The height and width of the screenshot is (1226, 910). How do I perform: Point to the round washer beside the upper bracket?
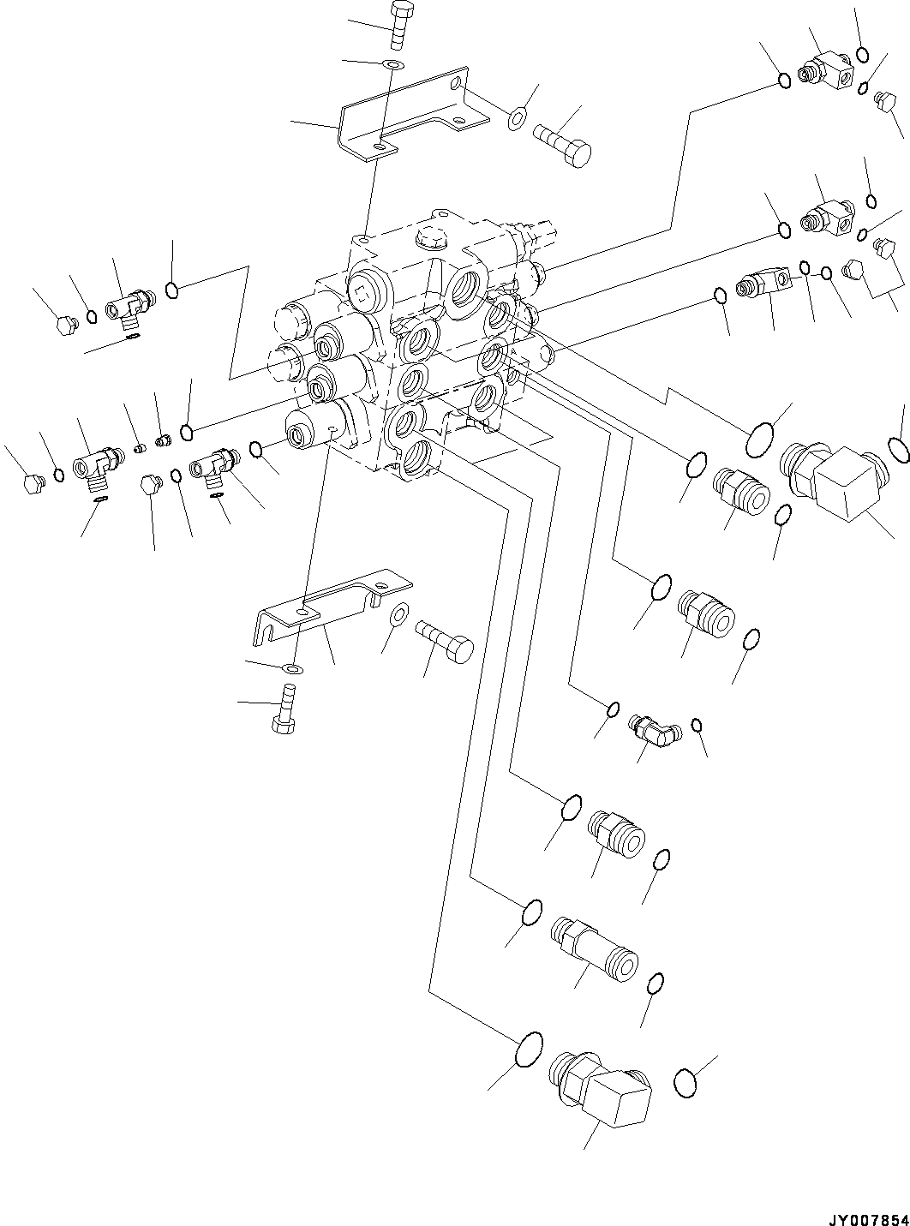click(518, 117)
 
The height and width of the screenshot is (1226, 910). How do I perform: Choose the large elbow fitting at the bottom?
click(604, 1088)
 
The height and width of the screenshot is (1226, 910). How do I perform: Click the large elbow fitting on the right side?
click(829, 475)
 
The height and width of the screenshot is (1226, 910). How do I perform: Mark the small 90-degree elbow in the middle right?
click(652, 728)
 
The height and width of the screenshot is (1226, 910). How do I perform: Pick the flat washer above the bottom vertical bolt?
click(292, 667)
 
